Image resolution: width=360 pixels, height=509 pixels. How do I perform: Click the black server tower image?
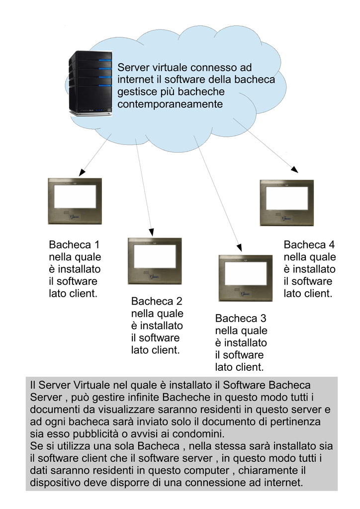[x=90, y=84]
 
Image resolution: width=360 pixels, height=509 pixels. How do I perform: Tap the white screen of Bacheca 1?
[x=75, y=197]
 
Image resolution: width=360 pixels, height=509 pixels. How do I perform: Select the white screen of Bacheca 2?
[x=155, y=257]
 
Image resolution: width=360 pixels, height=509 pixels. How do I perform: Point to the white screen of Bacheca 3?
[x=246, y=274]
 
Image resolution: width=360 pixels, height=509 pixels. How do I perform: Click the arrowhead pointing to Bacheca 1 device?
[x=83, y=172]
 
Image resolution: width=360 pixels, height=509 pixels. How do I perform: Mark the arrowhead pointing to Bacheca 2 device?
[x=151, y=232]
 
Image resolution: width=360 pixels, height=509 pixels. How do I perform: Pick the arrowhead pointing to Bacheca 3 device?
[x=240, y=248]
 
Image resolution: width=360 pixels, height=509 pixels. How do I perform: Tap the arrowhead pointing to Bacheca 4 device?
[x=294, y=169]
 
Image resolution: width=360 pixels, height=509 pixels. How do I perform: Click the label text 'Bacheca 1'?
[x=74, y=245]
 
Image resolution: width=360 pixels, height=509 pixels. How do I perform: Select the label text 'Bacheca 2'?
[x=157, y=301]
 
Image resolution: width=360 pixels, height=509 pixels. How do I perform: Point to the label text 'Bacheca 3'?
[x=241, y=319]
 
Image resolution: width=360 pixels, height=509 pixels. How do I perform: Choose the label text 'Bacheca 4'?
[x=309, y=245]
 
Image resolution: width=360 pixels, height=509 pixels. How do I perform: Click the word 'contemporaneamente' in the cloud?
[x=170, y=104]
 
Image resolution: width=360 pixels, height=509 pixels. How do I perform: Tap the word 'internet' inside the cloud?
[x=135, y=80]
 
